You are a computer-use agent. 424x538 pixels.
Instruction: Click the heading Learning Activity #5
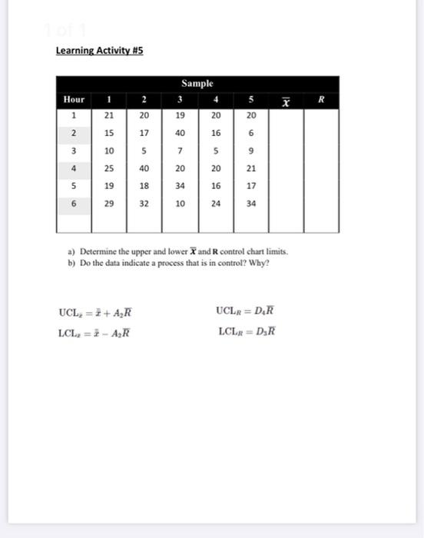[x=99, y=51]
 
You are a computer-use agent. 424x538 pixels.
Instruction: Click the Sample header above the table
[x=197, y=83]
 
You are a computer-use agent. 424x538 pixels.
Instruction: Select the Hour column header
[x=74, y=100]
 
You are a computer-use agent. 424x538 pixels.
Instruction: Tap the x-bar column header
[x=286, y=101]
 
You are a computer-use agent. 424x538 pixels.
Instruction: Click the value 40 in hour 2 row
[x=180, y=132]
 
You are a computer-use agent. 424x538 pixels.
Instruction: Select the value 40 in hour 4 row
[x=144, y=168]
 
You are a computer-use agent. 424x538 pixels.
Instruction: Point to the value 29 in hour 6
[x=109, y=203]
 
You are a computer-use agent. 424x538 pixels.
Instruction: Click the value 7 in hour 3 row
[x=180, y=150]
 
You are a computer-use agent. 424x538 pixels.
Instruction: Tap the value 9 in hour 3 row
[x=251, y=150]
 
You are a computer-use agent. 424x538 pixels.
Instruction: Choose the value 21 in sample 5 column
[x=251, y=168]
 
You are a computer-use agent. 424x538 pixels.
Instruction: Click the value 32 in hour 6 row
[x=144, y=203]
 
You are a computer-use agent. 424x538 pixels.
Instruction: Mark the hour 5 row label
[x=74, y=185]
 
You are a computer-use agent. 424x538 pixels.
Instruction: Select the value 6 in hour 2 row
[x=251, y=132]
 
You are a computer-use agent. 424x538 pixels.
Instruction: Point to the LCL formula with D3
[x=246, y=332]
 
